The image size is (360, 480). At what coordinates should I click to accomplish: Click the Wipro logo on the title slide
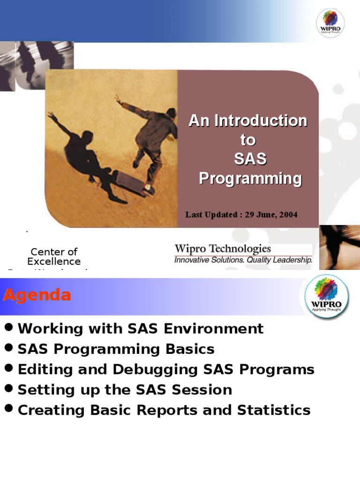tap(330, 22)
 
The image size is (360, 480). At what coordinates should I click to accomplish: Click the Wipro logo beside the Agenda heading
tap(327, 297)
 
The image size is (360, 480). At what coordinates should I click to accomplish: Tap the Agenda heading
tap(37, 295)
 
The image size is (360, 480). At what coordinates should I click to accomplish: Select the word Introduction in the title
tap(261, 121)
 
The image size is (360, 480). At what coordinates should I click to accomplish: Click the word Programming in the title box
tap(250, 179)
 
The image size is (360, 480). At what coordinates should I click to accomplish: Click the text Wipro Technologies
tap(223, 249)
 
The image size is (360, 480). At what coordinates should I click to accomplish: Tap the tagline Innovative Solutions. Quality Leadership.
tap(243, 260)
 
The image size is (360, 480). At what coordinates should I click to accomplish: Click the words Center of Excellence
tap(54, 256)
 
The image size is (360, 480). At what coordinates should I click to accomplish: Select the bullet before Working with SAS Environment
tap(9, 328)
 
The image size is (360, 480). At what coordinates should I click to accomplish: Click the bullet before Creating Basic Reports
tap(9, 409)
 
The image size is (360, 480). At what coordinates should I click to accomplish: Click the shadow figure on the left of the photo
tap(87, 159)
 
